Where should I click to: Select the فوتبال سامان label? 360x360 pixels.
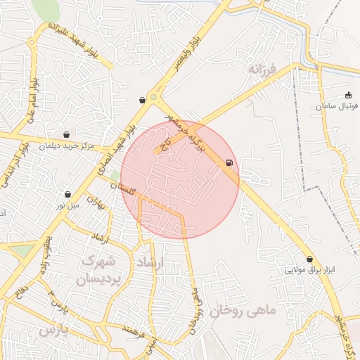337,105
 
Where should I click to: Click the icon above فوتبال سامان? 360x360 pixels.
348,95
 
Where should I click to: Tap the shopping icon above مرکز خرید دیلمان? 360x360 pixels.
66,134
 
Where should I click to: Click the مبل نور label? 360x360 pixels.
69,205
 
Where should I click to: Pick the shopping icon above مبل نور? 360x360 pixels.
67,194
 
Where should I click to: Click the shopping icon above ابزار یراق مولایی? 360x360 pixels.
309,259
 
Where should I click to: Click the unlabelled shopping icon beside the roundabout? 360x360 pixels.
143,100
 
